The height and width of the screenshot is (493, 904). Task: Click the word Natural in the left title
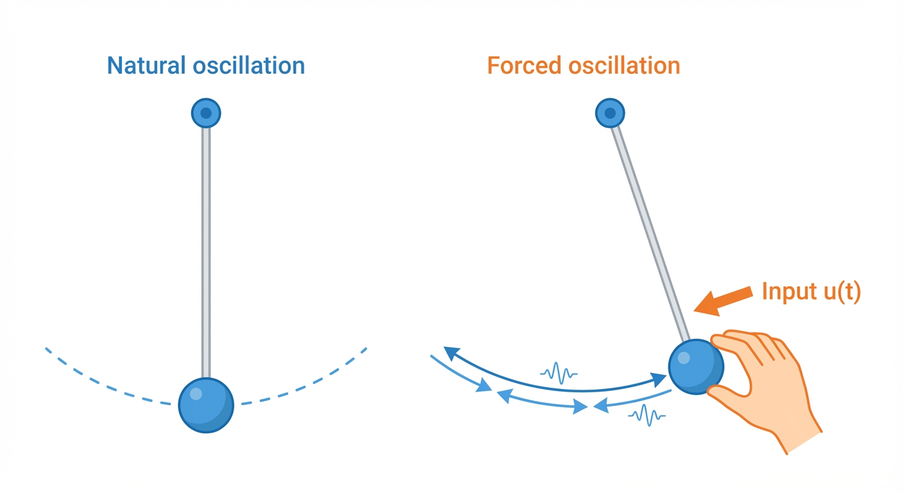pos(145,65)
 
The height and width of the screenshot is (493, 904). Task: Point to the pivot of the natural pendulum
pos(206,114)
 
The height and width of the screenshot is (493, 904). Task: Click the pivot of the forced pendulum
pos(610,114)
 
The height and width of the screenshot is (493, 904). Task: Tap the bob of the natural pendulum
pos(206,406)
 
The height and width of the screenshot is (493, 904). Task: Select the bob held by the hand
pos(696,367)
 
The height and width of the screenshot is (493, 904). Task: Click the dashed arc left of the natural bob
pos(103,384)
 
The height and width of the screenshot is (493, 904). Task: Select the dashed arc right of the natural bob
pos(308,384)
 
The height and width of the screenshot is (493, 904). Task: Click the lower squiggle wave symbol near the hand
pos(647,415)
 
